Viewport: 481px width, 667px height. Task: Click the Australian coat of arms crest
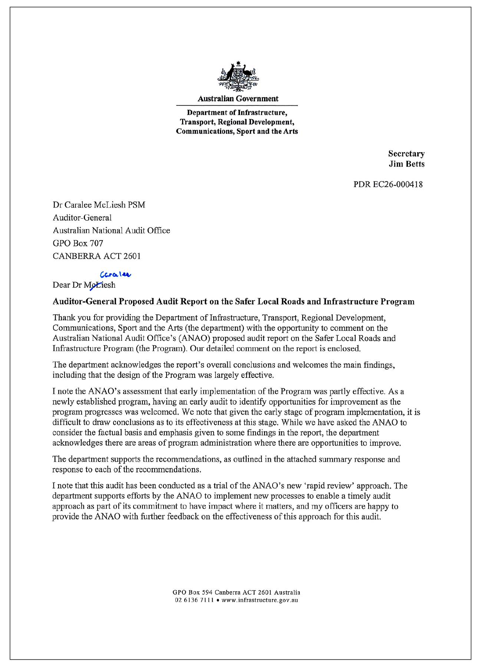(238, 76)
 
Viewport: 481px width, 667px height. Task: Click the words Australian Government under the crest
(238, 99)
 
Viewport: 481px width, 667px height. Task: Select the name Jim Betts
(406, 164)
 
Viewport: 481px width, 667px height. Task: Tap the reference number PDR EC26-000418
(388, 184)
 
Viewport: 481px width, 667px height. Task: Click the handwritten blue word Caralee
(115, 275)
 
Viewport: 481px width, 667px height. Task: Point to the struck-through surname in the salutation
(100, 285)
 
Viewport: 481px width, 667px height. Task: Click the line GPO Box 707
(78, 243)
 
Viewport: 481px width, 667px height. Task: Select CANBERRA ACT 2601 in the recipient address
(96, 256)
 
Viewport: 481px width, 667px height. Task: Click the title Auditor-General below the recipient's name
(82, 218)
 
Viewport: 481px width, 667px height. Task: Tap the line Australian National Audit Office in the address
(111, 230)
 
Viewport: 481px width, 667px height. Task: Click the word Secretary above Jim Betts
(406, 154)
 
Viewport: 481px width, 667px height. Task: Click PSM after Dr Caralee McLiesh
(136, 205)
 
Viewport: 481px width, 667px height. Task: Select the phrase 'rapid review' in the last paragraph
(329, 486)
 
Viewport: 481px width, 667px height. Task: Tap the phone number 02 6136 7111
(194, 600)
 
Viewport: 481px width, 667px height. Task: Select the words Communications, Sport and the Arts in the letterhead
(237, 131)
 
